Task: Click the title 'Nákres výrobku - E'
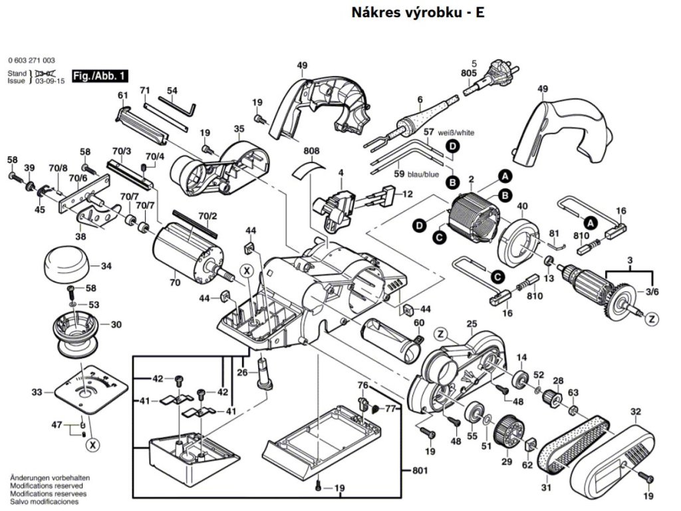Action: click(412, 13)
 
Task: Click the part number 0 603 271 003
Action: click(32, 61)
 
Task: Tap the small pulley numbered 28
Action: click(549, 398)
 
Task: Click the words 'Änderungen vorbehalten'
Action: click(50, 478)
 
